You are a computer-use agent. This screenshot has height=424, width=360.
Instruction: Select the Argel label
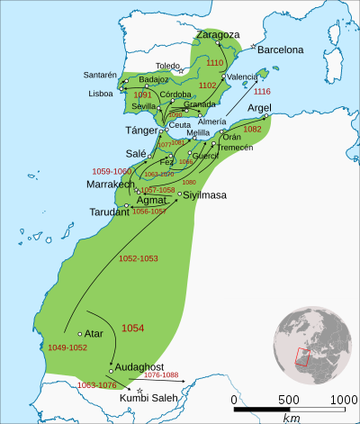[259, 106]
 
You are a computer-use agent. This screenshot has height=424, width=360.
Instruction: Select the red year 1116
[263, 92]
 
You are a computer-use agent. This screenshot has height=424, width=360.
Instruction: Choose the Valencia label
[243, 77]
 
